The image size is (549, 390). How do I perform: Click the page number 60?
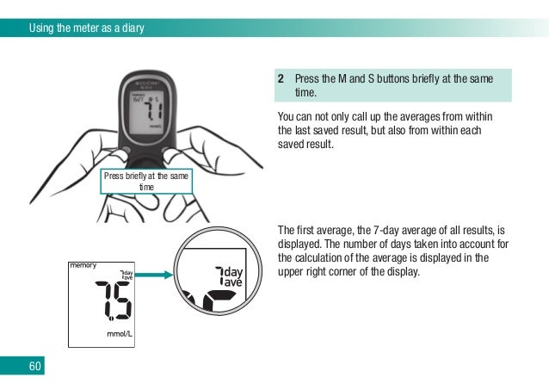(34, 367)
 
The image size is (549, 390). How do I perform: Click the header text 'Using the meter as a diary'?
(86, 28)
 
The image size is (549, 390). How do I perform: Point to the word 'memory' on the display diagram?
(83, 265)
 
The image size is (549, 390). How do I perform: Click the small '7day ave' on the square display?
(126, 276)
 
